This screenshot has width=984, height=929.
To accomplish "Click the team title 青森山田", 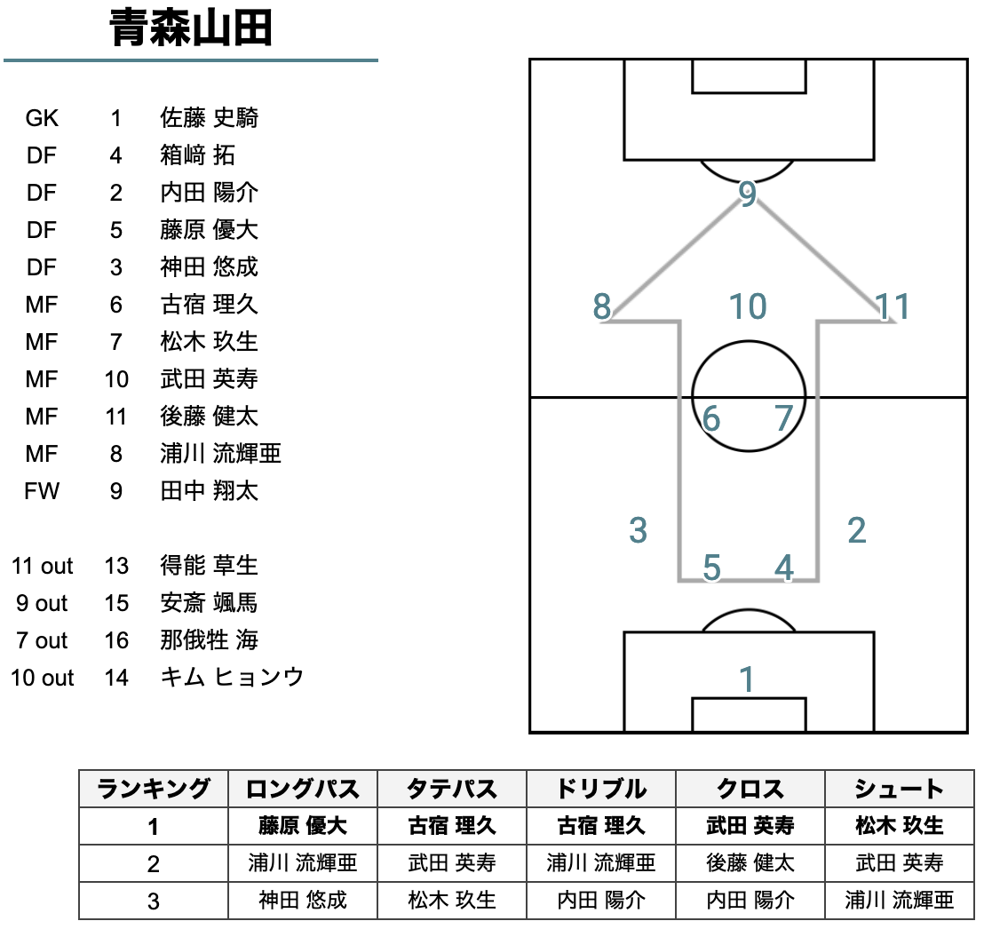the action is pyautogui.click(x=191, y=28).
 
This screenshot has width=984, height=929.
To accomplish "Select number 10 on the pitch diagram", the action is pyautogui.click(x=748, y=306).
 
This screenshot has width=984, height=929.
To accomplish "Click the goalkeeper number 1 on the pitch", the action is pyautogui.click(x=746, y=679).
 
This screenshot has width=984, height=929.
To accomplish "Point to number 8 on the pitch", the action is pyautogui.click(x=602, y=306).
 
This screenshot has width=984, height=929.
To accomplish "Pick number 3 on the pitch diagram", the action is pyautogui.click(x=638, y=530).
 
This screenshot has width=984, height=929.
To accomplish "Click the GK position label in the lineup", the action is pyautogui.click(x=42, y=118).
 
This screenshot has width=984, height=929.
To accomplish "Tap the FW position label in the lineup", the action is pyautogui.click(x=42, y=491).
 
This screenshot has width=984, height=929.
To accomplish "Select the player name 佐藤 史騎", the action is pyautogui.click(x=209, y=117).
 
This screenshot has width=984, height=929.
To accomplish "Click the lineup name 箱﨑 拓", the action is pyautogui.click(x=198, y=155).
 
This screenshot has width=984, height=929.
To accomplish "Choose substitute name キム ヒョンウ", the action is pyautogui.click(x=232, y=678).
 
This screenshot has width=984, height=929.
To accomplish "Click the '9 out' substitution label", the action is pyautogui.click(x=42, y=603).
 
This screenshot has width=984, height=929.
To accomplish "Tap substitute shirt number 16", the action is pyautogui.click(x=116, y=640).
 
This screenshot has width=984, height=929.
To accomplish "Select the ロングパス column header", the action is pyautogui.click(x=303, y=789).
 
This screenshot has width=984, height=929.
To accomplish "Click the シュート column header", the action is pyautogui.click(x=900, y=789).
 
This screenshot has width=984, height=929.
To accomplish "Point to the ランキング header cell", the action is pyautogui.click(x=153, y=789).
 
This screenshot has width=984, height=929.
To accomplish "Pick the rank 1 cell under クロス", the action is pyautogui.click(x=750, y=826).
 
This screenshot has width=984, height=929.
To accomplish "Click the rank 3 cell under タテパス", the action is pyautogui.click(x=452, y=900).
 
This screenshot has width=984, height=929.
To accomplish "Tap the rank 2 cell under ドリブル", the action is pyautogui.click(x=601, y=863).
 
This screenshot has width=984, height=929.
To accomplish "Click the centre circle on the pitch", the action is pyautogui.click(x=748, y=396).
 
